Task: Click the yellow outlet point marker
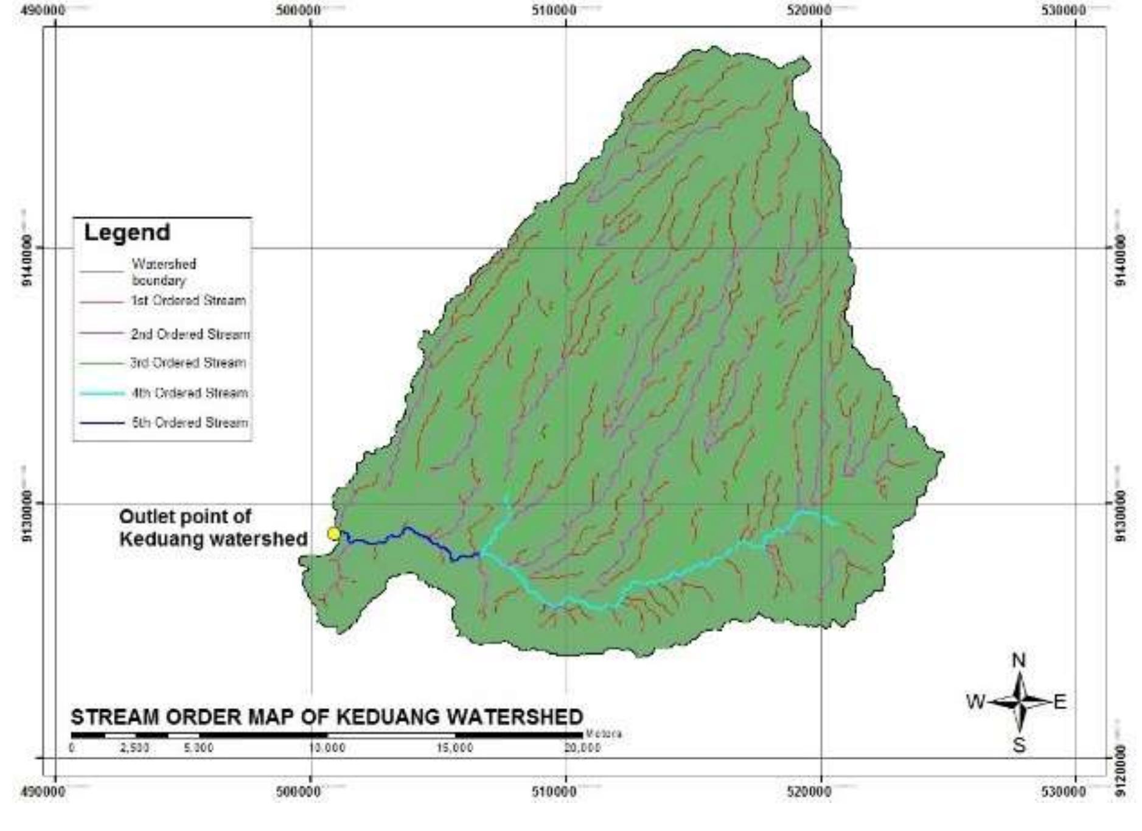pos(333,534)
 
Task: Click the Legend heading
pos(127,233)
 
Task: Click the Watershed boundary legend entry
pos(164,272)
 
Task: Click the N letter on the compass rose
pos(1018,661)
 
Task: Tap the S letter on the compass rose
pos(1019,745)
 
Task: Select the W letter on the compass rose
pos(975,702)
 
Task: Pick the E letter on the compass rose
pos(1060,702)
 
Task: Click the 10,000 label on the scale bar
pos(327,748)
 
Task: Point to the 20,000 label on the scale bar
pos(582,748)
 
